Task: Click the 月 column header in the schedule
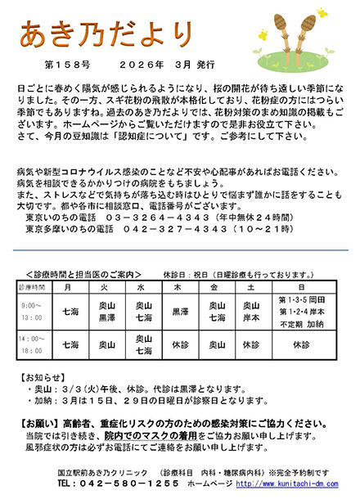tap(69, 289)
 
